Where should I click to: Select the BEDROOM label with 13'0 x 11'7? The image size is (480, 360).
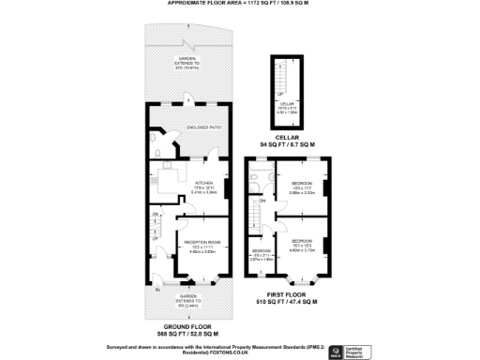point(303,185)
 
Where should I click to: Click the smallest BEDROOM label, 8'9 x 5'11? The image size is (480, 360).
point(262,253)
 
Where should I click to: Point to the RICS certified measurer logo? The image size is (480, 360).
point(353,352)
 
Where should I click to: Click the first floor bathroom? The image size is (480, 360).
point(259,175)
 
